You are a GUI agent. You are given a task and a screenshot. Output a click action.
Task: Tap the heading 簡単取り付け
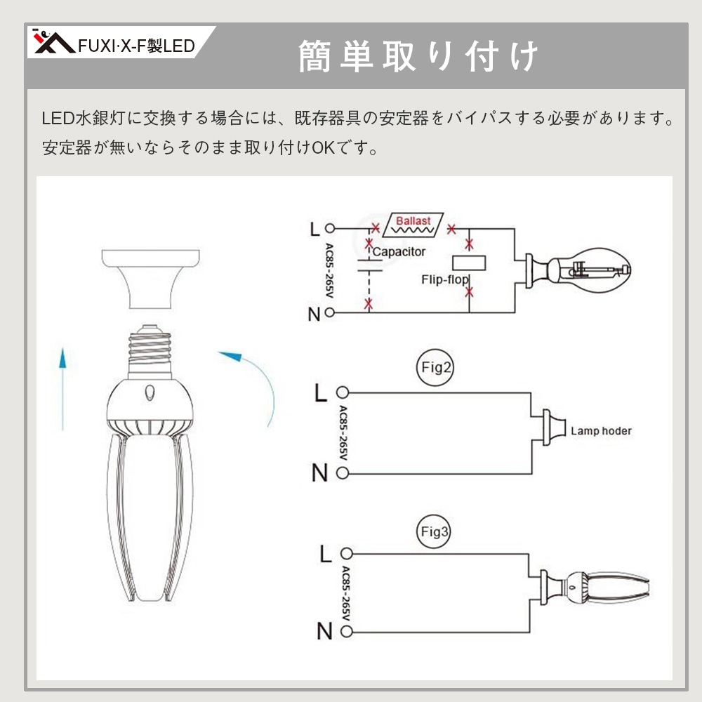pos(418,56)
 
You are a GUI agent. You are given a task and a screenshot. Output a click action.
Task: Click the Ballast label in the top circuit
pos(413,220)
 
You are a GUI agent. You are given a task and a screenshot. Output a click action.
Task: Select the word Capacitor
pos(399,251)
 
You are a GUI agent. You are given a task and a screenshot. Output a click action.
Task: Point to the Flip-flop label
pos(444,280)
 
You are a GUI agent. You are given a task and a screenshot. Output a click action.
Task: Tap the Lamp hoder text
pos(601,431)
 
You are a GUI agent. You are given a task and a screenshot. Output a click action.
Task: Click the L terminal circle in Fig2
pos(343,392)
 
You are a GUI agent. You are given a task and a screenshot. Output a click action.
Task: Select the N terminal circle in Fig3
pos(347,631)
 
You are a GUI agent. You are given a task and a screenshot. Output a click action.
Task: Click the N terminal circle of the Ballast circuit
pos(329,312)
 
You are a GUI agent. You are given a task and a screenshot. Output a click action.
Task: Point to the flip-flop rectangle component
pos(469,263)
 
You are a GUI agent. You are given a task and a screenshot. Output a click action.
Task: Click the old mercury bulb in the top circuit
pos(578,270)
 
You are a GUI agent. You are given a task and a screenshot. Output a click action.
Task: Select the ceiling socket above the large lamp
pos(150,279)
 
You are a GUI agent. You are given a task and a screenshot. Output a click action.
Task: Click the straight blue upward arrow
pos(62,389)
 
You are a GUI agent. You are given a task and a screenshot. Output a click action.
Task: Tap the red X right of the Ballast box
pos(451,230)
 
